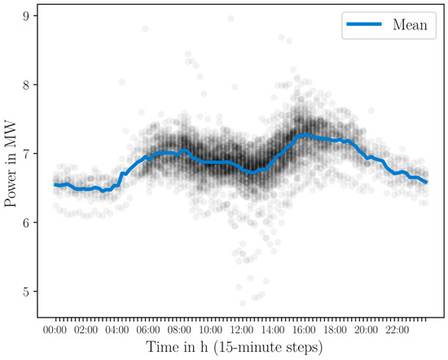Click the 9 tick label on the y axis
point(27,15)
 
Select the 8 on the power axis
point(27,85)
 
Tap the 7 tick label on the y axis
point(27,154)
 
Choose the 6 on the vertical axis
point(27,222)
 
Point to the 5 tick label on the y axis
point(27,292)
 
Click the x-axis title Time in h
point(241,348)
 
